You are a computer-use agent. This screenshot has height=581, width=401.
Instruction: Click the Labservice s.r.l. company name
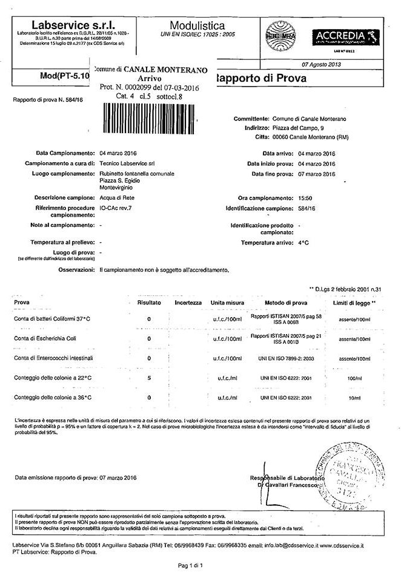[69, 25]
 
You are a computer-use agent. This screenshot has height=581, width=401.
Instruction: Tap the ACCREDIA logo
[340, 37]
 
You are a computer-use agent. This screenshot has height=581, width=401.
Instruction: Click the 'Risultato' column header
[149, 302]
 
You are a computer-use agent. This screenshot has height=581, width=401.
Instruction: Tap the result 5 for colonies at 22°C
[149, 378]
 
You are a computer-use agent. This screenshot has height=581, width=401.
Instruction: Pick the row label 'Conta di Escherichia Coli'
[44, 338]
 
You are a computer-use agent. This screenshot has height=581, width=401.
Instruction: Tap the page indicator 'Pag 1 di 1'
[194, 565]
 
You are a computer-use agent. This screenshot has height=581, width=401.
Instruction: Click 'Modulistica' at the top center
[197, 25]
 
